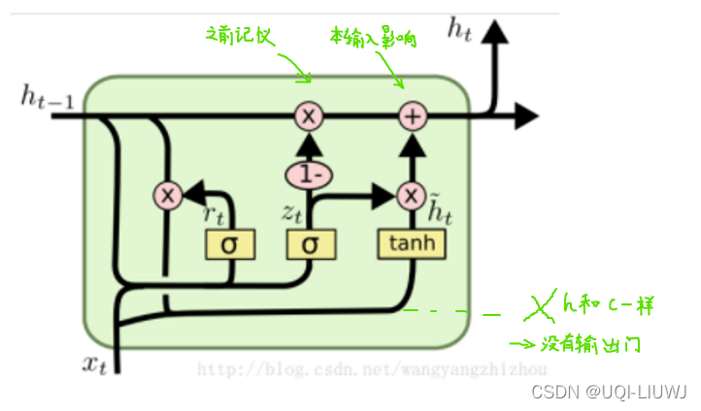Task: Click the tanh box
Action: point(413,244)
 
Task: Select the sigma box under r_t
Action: point(229,244)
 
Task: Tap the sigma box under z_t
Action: point(309,244)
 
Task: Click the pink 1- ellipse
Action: point(309,175)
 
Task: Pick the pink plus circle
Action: point(414,117)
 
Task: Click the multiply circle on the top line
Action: point(309,117)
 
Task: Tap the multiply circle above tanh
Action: point(414,196)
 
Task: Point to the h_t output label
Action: point(459,29)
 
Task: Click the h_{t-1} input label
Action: point(44,96)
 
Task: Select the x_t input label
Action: point(94,364)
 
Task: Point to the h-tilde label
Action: point(442,205)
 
